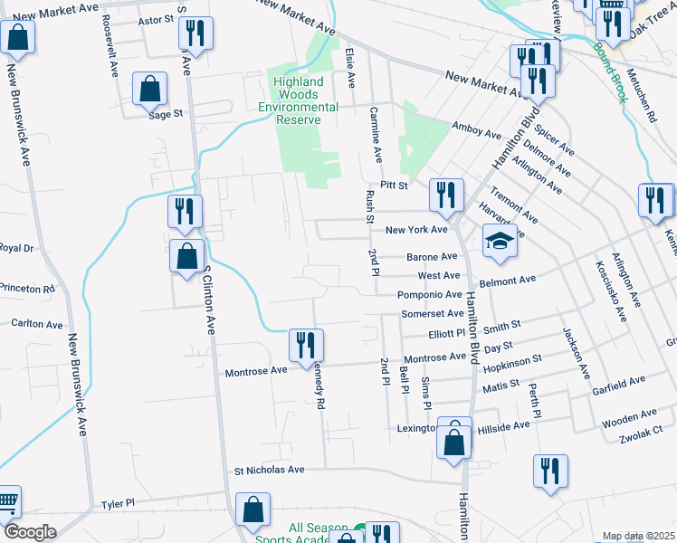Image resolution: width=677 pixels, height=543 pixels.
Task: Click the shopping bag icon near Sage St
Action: pos(150,89)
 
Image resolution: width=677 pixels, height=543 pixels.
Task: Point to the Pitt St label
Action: pos(395,186)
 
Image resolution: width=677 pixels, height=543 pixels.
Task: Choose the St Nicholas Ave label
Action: pos(270,471)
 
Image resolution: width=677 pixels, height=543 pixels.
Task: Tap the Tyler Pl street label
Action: pos(118,503)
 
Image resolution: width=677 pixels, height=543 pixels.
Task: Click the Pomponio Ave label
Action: pos(430,295)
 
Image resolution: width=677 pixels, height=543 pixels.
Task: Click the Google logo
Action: pos(30,532)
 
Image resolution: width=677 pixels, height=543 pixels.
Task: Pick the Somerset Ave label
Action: pos(434,313)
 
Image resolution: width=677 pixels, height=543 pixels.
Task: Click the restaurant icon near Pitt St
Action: pos(446,194)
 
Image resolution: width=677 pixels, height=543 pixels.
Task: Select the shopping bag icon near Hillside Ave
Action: pos(454,440)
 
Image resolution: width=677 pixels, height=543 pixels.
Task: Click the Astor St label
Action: pos(156,19)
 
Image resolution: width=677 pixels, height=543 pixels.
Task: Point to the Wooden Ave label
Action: pos(625,421)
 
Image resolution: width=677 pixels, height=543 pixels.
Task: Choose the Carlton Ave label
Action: pos(36,323)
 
